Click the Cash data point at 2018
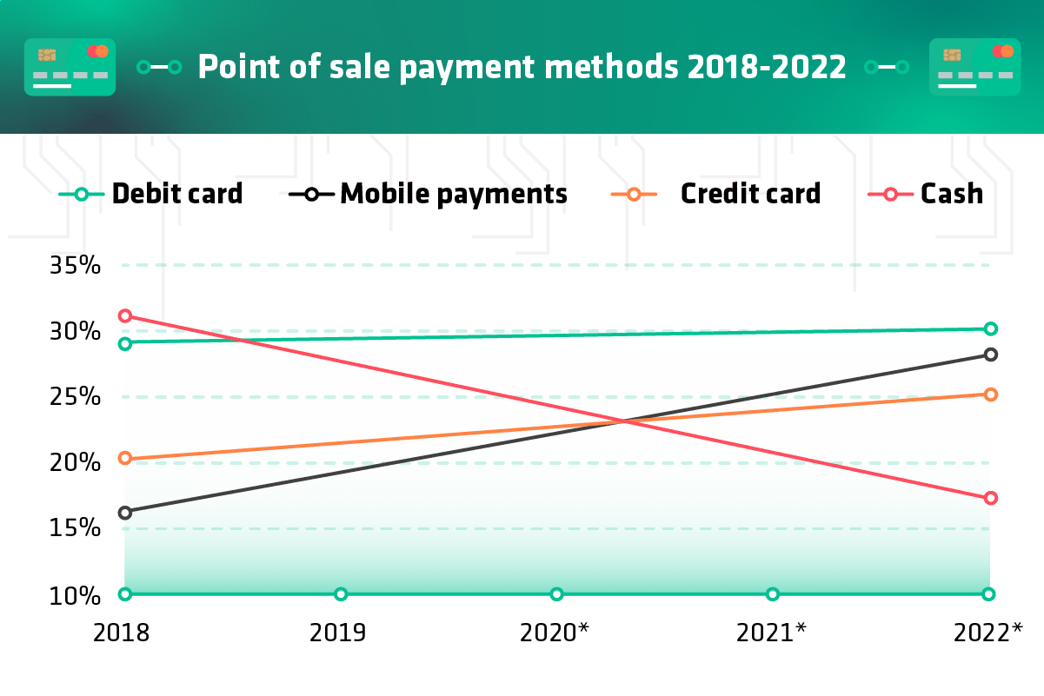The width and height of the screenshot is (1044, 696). (x=125, y=315)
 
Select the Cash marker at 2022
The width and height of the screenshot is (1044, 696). (x=989, y=498)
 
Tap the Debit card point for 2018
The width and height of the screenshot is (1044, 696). (x=125, y=343)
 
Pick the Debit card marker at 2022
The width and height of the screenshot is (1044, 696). (x=989, y=328)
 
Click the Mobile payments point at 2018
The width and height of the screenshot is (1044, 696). (x=125, y=513)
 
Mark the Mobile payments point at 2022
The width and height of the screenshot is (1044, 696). (x=989, y=355)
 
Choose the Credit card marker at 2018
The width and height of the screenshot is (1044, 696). (x=125, y=458)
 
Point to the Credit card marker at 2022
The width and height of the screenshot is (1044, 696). (x=989, y=394)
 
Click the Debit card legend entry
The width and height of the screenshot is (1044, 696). (x=177, y=193)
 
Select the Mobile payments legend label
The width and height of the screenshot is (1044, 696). (x=453, y=193)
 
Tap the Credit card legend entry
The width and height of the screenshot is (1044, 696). (x=749, y=193)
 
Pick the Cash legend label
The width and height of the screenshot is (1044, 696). (x=952, y=193)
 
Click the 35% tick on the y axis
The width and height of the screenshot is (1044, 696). (x=75, y=265)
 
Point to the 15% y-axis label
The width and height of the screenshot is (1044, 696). (x=75, y=528)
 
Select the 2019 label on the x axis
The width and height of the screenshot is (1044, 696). (x=337, y=633)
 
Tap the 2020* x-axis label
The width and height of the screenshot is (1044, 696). (x=555, y=633)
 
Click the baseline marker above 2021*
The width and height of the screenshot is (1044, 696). (x=773, y=594)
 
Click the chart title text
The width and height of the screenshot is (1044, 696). (x=522, y=67)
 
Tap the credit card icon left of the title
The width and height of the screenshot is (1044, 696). (x=70, y=67)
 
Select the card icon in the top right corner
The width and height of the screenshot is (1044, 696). (x=974, y=67)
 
